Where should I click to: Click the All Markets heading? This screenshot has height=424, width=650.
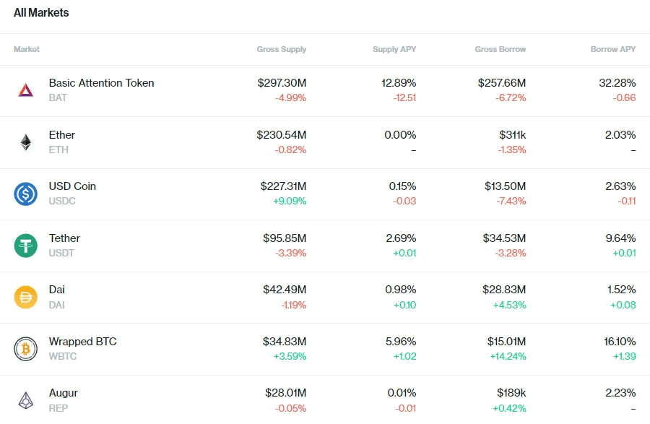pos(41,13)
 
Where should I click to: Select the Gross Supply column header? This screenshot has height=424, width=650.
pos(282,49)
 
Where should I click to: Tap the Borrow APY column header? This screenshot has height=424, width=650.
pos(612,49)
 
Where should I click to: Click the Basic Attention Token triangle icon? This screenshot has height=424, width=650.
pos(26,90)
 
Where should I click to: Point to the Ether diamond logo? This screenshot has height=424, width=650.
pos(26,142)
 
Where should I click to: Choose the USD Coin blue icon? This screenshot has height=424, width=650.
pos(26,194)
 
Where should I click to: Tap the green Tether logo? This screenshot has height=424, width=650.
pos(26,246)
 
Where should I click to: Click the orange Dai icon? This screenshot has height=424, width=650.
pos(26,297)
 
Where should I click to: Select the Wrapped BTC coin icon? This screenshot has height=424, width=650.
pos(26,349)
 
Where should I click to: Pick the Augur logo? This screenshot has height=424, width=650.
pos(26,400)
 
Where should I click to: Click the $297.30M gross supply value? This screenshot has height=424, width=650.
pos(282,83)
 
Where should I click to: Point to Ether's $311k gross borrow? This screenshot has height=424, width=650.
pos(512,135)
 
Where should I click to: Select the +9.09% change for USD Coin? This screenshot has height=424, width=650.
pos(290,201)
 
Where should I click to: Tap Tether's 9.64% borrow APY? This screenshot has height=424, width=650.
pos(620,238)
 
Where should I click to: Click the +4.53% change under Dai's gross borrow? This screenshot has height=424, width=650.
pos(509,305)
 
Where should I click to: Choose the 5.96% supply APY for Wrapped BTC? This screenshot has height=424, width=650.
pos(401,342)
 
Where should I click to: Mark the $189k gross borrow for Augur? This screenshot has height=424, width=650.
pos(511,393)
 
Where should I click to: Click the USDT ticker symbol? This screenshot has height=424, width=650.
pos(62,253)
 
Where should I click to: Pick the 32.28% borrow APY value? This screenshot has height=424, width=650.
pos(617,83)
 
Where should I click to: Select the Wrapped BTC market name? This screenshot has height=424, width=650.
pos(83,342)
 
